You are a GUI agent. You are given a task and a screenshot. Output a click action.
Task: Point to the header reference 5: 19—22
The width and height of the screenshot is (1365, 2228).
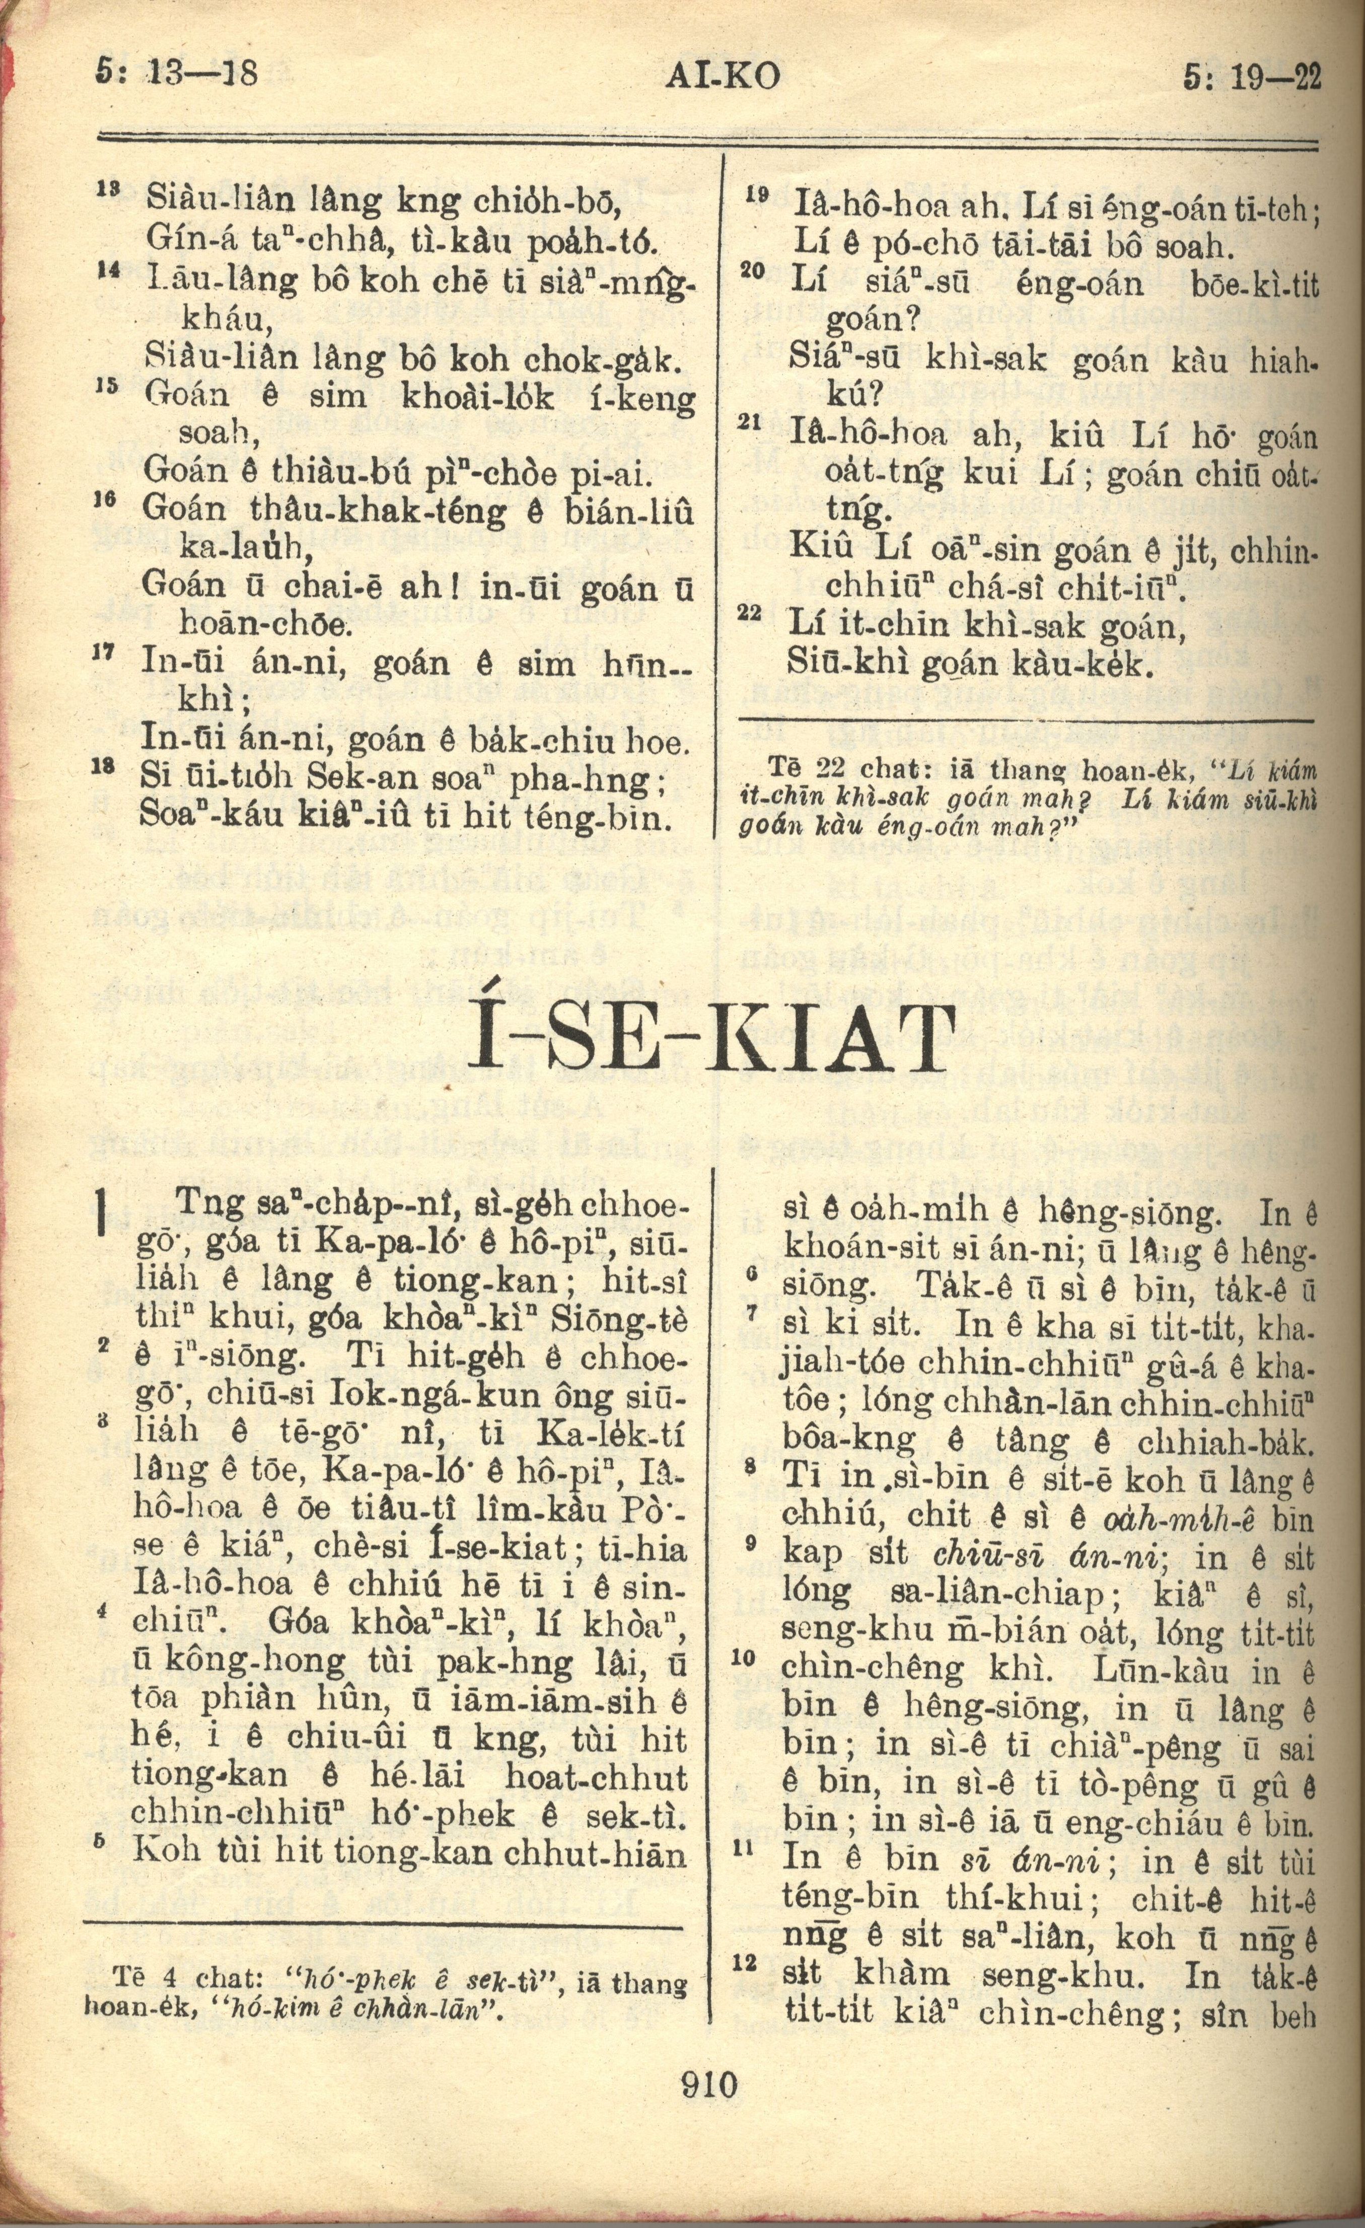[1252, 77]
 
